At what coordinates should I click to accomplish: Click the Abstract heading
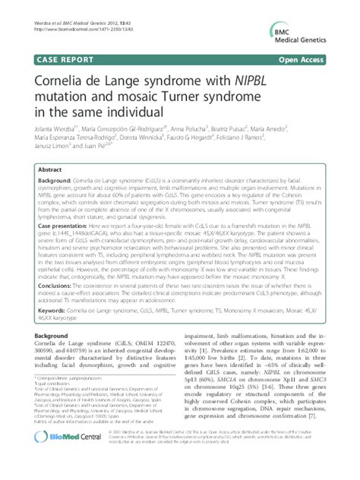coord(49,171)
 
